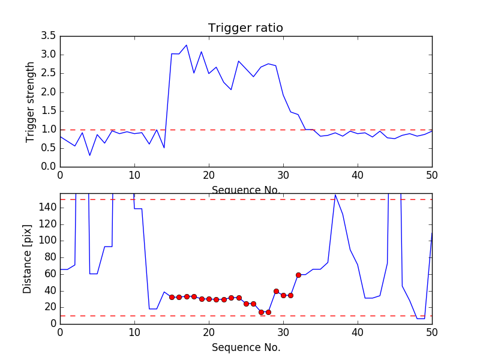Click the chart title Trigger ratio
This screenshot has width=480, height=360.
(245, 28)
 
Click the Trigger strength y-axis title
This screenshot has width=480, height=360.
(31, 101)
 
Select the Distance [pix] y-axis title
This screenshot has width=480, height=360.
(28, 258)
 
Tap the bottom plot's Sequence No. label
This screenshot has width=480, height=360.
(245, 347)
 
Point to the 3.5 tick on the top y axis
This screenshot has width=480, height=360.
(49, 36)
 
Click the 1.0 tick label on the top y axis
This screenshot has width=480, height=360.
(49, 130)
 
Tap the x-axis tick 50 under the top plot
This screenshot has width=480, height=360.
(432, 176)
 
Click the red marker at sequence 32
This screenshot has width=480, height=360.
(298, 275)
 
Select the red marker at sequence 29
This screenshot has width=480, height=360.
(276, 291)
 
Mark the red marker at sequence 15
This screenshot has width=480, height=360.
(172, 297)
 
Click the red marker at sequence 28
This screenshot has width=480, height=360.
(268, 312)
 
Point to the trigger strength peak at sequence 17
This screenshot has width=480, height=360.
(187, 45)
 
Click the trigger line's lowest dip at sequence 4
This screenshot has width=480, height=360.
(90, 155)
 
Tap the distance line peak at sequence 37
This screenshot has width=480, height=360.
(335, 194)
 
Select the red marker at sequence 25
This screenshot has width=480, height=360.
(246, 304)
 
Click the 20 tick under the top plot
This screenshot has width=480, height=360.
(209, 176)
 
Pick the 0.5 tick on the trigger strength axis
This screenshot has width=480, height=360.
(49, 148)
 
